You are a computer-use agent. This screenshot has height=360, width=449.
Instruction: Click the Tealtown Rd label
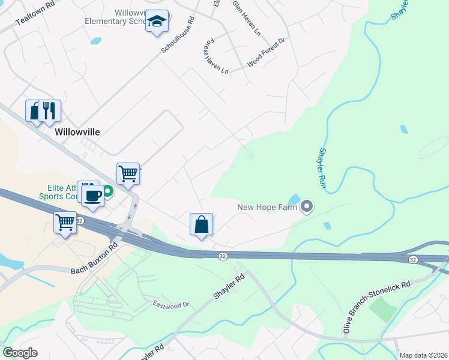tap(35, 12)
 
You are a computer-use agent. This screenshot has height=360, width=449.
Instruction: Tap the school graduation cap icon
tap(157, 22)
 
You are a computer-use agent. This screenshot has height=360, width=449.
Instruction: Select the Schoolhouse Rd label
tap(178, 35)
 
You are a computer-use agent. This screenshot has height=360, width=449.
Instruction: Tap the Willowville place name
tap(77, 132)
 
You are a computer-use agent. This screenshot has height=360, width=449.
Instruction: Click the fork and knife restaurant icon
tap(49, 111)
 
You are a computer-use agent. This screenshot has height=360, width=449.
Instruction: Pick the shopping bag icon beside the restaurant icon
tap(35, 111)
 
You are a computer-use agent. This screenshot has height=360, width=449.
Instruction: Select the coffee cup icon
tap(92, 195)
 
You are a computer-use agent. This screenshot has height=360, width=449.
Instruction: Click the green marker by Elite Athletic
tap(108, 192)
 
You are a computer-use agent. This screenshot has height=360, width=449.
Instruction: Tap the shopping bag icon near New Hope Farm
tap(202, 224)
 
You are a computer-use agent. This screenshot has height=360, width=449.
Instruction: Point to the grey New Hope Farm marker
tap(307, 208)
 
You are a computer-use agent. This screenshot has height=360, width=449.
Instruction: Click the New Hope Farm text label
tap(268, 208)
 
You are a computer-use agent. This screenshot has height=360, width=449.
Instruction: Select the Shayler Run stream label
tap(323, 169)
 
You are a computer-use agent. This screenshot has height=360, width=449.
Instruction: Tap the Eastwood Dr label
tap(171, 305)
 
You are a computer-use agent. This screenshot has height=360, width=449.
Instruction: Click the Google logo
tap(20, 353)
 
